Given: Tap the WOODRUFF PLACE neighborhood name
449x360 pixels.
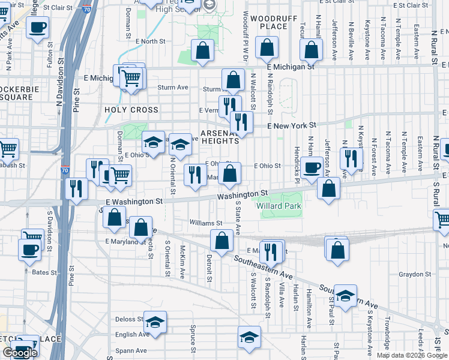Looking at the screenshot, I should tap(274, 23).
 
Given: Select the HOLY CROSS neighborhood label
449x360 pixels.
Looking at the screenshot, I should tap(131, 110).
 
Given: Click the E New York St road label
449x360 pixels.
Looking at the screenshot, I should tap(292, 125).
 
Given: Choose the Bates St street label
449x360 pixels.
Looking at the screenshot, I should tap(44, 272).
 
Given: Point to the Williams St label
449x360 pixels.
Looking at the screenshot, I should tap(202, 222).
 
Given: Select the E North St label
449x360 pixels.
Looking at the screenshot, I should tap(150, 41).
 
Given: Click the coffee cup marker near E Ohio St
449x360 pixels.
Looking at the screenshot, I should tap(312, 167).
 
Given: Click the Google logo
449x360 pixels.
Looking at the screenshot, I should tap(19, 353).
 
